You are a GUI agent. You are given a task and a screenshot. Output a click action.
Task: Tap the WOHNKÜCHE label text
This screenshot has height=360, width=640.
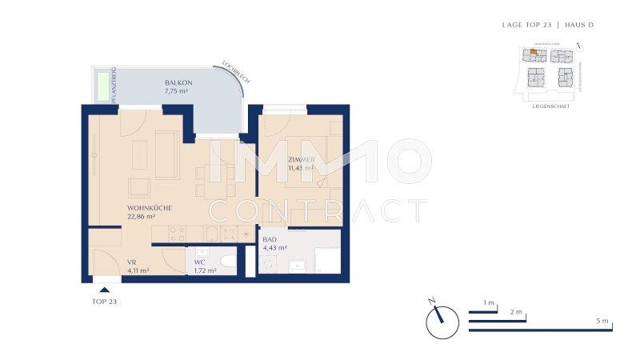pyautogui.click(x=149, y=207)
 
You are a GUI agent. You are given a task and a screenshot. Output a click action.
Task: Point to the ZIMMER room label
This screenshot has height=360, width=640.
pyautogui.click(x=302, y=160)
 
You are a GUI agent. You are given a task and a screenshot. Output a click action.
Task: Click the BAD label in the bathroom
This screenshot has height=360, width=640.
pyautogui.click(x=270, y=238)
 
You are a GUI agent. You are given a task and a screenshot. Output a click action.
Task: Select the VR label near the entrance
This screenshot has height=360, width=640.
pyautogui.click(x=132, y=261)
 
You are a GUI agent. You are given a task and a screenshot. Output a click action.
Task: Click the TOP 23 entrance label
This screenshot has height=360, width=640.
pyautogui.click(x=105, y=302)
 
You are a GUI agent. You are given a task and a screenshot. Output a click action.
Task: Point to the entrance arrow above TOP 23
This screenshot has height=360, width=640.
pyautogui.click(x=104, y=290)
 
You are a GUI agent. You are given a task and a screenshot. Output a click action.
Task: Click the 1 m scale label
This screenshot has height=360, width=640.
pyautogui.click(x=490, y=304)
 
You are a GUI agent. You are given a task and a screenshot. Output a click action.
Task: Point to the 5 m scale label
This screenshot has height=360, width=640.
pyautogui.click(x=602, y=321)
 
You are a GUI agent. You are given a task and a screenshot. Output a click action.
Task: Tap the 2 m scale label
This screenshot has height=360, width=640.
pyautogui.click(x=516, y=312)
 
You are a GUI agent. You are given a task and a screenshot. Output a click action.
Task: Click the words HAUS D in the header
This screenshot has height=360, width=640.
pyautogui.click(x=579, y=25)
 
